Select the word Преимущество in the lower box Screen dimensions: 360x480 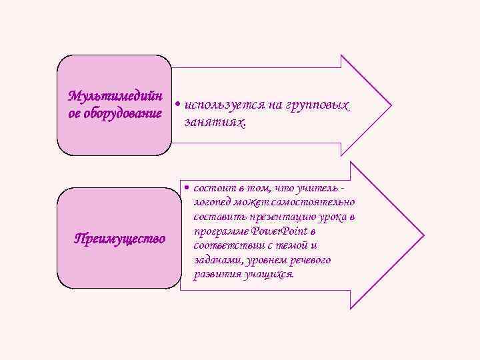(119, 239)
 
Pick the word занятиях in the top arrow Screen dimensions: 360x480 (213, 123)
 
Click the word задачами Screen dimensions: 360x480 (215, 260)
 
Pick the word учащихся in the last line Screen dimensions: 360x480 (269, 274)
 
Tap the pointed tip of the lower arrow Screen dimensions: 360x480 (423, 237)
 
